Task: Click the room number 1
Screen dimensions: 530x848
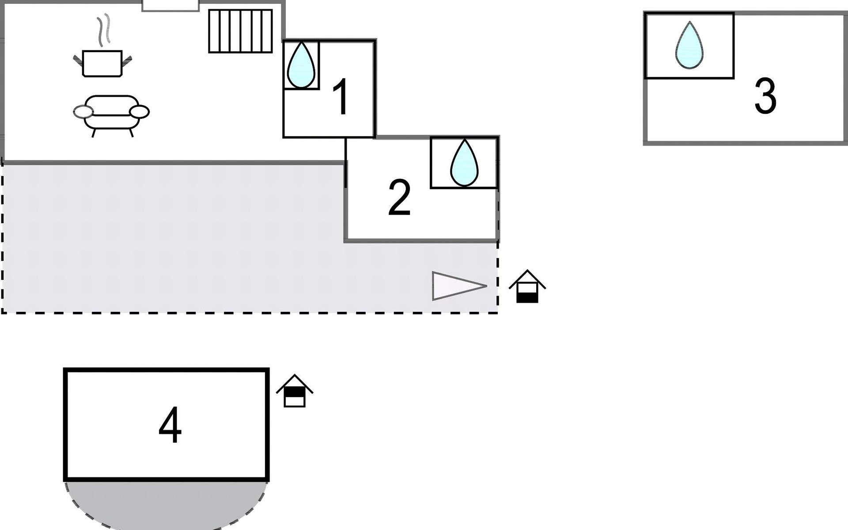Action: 341,97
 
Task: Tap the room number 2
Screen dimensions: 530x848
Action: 399,197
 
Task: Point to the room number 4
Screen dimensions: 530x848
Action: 170,425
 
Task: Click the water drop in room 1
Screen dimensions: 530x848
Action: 301,65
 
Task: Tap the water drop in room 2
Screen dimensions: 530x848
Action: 464,163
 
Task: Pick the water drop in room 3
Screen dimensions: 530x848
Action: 689,45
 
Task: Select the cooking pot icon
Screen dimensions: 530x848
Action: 102,64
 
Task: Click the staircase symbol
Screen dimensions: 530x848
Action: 240,31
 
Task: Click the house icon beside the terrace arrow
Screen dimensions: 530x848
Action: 527,287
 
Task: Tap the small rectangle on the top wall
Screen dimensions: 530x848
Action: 170,5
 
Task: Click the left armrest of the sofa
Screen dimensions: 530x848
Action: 83,112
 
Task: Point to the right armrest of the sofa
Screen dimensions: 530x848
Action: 140,112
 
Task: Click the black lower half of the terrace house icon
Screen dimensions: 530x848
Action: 527,298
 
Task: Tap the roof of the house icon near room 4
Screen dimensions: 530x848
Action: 295,381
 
